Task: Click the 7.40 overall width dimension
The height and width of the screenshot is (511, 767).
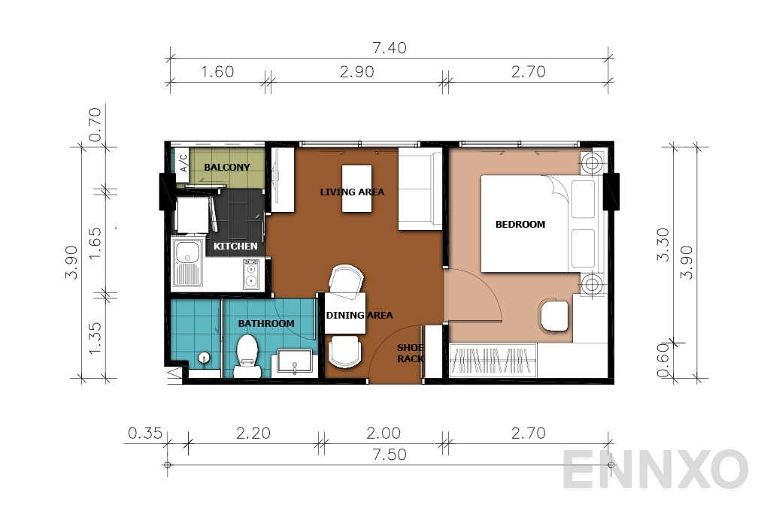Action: [390, 48]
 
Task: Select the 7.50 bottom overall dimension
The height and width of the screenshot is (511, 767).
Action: [390, 455]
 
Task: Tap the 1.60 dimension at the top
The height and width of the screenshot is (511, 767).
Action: [218, 72]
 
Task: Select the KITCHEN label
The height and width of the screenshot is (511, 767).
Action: [235, 246]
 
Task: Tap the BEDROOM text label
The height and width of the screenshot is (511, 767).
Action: [520, 224]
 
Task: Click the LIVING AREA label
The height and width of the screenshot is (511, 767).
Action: [352, 192]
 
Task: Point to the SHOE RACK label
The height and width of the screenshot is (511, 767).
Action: [411, 353]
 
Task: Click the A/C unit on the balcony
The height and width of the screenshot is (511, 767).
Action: [182, 165]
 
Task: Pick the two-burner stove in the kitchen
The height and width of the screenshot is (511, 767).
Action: [251, 275]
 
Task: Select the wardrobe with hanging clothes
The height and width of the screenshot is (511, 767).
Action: [493, 360]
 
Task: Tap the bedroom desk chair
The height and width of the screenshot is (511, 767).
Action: [554, 316]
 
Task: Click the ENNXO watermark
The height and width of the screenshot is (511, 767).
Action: [654, 470]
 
